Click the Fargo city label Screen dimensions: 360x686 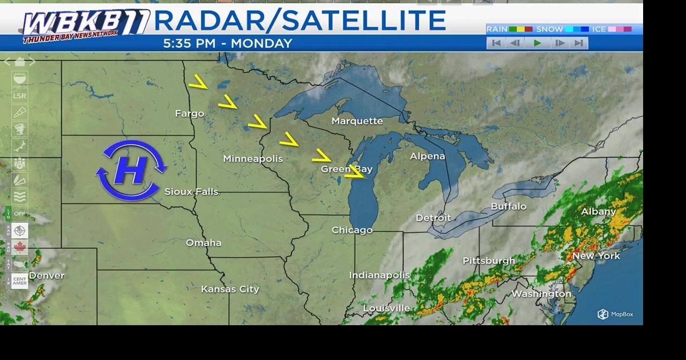[x=189, y=114]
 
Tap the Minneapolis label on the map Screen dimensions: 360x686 [x=252, y=159]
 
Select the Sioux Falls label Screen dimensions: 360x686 [x=191, y=191]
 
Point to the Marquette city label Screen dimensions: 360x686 [x=357, y=121]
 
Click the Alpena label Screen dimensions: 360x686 [x=427, y=156]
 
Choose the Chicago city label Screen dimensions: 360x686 [x=352, y=230]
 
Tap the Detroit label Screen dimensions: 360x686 [x=434, y=218]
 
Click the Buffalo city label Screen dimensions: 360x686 [x=509, y=206]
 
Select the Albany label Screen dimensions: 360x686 [x=599, y=212]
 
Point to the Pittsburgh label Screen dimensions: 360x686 [x=489, y=261]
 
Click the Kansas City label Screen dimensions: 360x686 [x=230, y=289]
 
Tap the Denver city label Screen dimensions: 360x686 [x=47, y=275]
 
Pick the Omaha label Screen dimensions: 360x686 [x=204, y=243]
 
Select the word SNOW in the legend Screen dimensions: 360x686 [x=549, y=29]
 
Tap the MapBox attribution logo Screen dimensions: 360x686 [x=615, y=314]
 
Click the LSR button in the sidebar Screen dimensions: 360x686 [x=19, y=96]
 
